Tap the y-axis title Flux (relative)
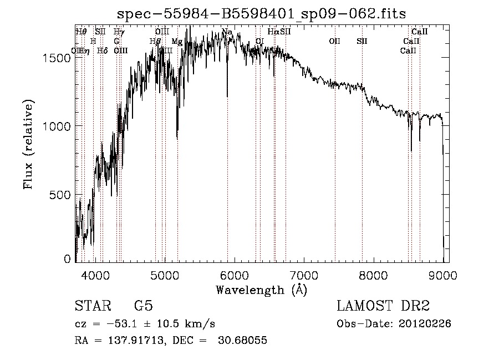(x=28, y=145)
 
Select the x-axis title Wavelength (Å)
(x=261, y=290)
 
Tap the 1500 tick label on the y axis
(x=58, y=57)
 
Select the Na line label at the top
(x=227, y=32)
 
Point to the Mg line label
(x=177, y=42)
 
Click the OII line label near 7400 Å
(x=334, y=42)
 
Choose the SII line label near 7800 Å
(x=362, y=42)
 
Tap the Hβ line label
(x=155, y=42)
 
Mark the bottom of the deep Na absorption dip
(x=227, y=96)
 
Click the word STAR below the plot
(x=92, y=306)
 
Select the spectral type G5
(x=143, y=306)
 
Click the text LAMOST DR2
(x=383, y=306)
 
